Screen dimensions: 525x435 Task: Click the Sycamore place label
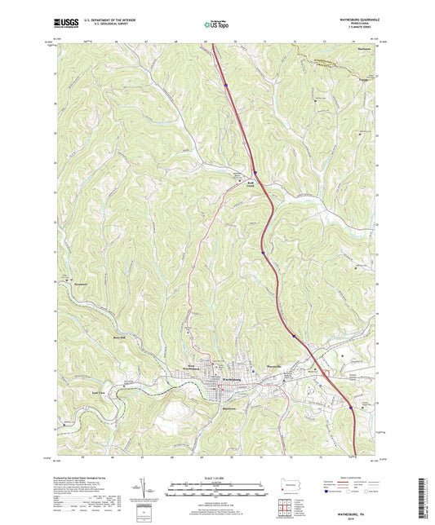75,285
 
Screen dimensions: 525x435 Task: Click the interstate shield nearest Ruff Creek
255,172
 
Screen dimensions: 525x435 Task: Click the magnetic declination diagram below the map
151,489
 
